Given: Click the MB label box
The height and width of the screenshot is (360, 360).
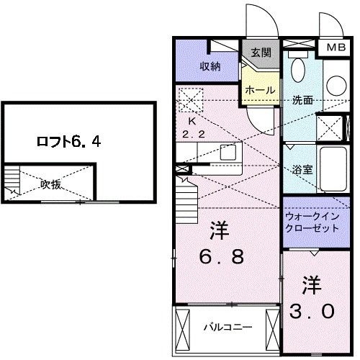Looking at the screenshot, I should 336,48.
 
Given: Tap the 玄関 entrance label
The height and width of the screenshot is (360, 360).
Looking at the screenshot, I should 260,51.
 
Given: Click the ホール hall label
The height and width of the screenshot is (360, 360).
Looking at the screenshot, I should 259,90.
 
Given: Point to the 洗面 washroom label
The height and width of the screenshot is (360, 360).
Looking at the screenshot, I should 302,100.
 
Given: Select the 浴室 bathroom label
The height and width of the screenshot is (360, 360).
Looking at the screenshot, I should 302,170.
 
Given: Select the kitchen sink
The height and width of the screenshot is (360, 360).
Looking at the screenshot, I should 228,152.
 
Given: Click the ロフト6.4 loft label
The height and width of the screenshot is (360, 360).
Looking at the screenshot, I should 68,141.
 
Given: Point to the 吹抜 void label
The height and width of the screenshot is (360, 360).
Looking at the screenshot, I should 50,184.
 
